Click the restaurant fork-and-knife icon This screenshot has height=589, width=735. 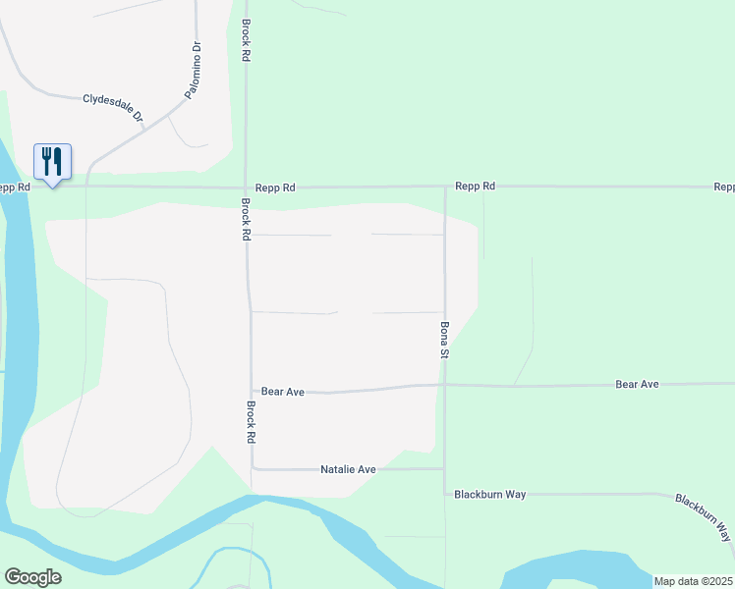click(52, 160)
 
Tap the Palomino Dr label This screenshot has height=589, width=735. click(194, 69)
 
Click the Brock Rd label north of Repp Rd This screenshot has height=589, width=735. click(246, 41)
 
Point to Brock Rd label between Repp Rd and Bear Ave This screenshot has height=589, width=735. click(247, 220)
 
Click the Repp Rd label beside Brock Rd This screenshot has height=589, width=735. click(275, 187)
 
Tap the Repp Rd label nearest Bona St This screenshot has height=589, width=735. click(475, 186)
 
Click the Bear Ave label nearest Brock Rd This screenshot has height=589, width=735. click(282, 392)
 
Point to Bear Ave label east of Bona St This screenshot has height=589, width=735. click(637, 384)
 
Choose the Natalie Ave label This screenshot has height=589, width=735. click(348, 469)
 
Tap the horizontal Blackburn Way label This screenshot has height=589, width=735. click(489, 495)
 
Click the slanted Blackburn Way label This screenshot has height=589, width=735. click(704, 517)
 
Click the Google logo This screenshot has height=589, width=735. click(32, 577)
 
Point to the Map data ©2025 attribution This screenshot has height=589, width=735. click(693, 581)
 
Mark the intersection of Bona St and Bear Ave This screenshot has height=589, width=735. click(444, 385)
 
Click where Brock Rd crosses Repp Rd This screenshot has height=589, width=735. click(246, 187)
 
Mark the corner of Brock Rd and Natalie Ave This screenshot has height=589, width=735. click(253, 468)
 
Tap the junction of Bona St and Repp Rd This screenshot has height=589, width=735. click(444, 186)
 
